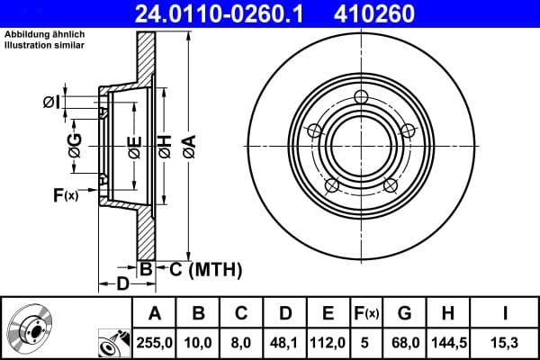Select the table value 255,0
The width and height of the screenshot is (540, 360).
(155, 342)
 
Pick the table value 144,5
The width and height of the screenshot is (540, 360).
(448, 342)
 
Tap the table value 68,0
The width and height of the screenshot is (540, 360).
(404, 342)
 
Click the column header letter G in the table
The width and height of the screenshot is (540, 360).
(404, 313)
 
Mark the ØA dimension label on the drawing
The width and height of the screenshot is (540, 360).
(188, 146)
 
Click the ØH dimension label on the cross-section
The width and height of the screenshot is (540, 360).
(165, 146)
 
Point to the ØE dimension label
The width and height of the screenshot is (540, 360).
(134, 146)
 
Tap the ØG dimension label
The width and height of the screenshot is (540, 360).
(76, 146)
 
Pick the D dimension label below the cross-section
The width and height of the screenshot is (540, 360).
(122, 285)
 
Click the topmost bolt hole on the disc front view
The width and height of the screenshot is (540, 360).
(361, 98)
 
